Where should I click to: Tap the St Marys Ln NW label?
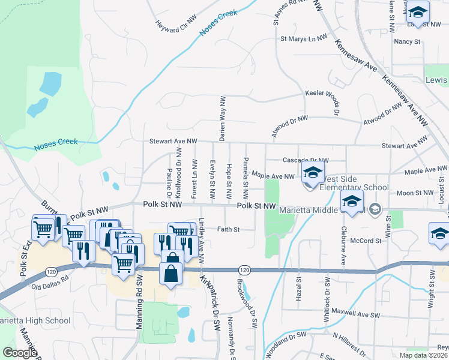(304, 38)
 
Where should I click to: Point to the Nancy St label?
(406, 41)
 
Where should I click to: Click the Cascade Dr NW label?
(306, 160)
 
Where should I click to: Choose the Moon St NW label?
(415, 193)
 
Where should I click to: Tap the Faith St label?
(228, 229)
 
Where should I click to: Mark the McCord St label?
(366, 241)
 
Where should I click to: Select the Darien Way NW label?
(222, 118)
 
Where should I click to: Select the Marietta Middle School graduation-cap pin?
(352, 202)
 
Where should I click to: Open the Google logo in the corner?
(20, 353)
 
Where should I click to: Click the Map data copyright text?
(424, 355)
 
